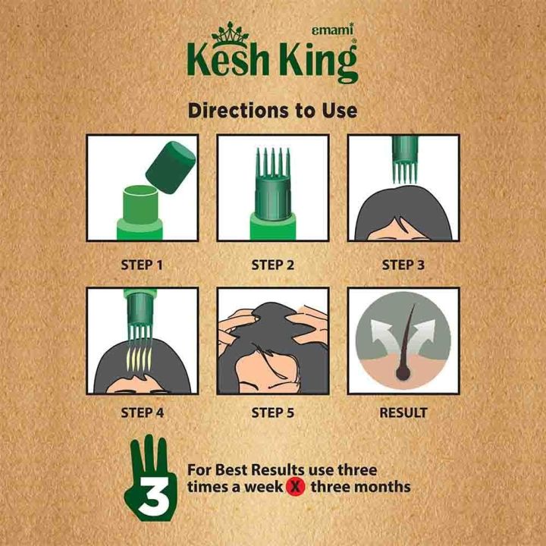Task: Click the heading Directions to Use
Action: point(272,111)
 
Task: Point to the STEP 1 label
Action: point(142,265)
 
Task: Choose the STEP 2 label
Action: point(272,265)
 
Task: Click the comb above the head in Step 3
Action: point(403,159)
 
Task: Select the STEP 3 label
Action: point(403,265)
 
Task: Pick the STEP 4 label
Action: point(142,413)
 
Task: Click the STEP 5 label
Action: point(272,413)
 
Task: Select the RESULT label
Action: point(403,413)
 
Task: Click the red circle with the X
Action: point(297,485)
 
